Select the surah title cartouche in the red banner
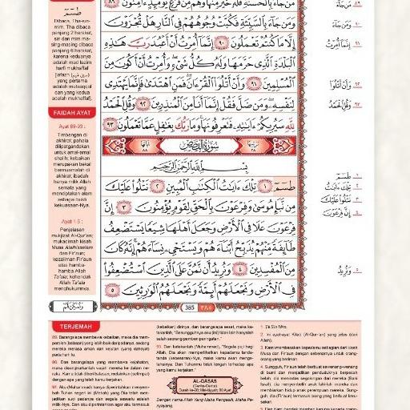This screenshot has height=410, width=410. pyautogui.click(x=189, y=147)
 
